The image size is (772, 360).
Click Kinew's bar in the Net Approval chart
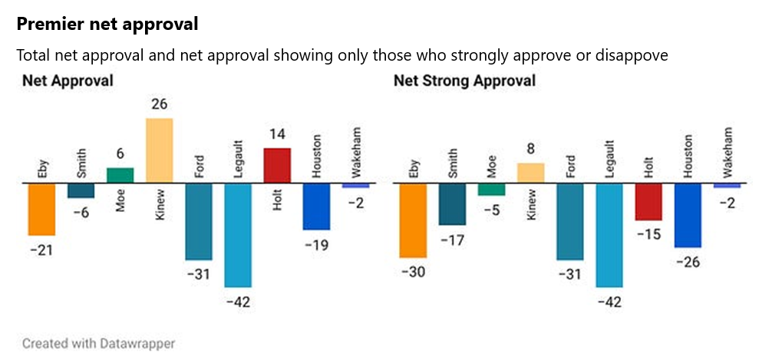(x=159, y=150)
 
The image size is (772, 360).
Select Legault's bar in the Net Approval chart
(x=238, y=234)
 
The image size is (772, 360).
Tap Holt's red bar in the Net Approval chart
(x=277, y=165)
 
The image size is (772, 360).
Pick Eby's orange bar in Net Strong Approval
(x=413, y=220)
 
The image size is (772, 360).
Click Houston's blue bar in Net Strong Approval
(x=688, y=215)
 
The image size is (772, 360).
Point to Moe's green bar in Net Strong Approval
(x=491, y=190)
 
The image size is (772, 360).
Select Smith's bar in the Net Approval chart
(x=81, y=190)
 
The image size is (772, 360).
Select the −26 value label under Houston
(x=688, y=261)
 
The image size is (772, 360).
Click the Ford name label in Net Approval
(x=198, y=166)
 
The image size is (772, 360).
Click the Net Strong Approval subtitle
(x=464, y=81)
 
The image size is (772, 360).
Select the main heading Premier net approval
(x=107, y=25)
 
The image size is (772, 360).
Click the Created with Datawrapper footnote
(x=98, y=342)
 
